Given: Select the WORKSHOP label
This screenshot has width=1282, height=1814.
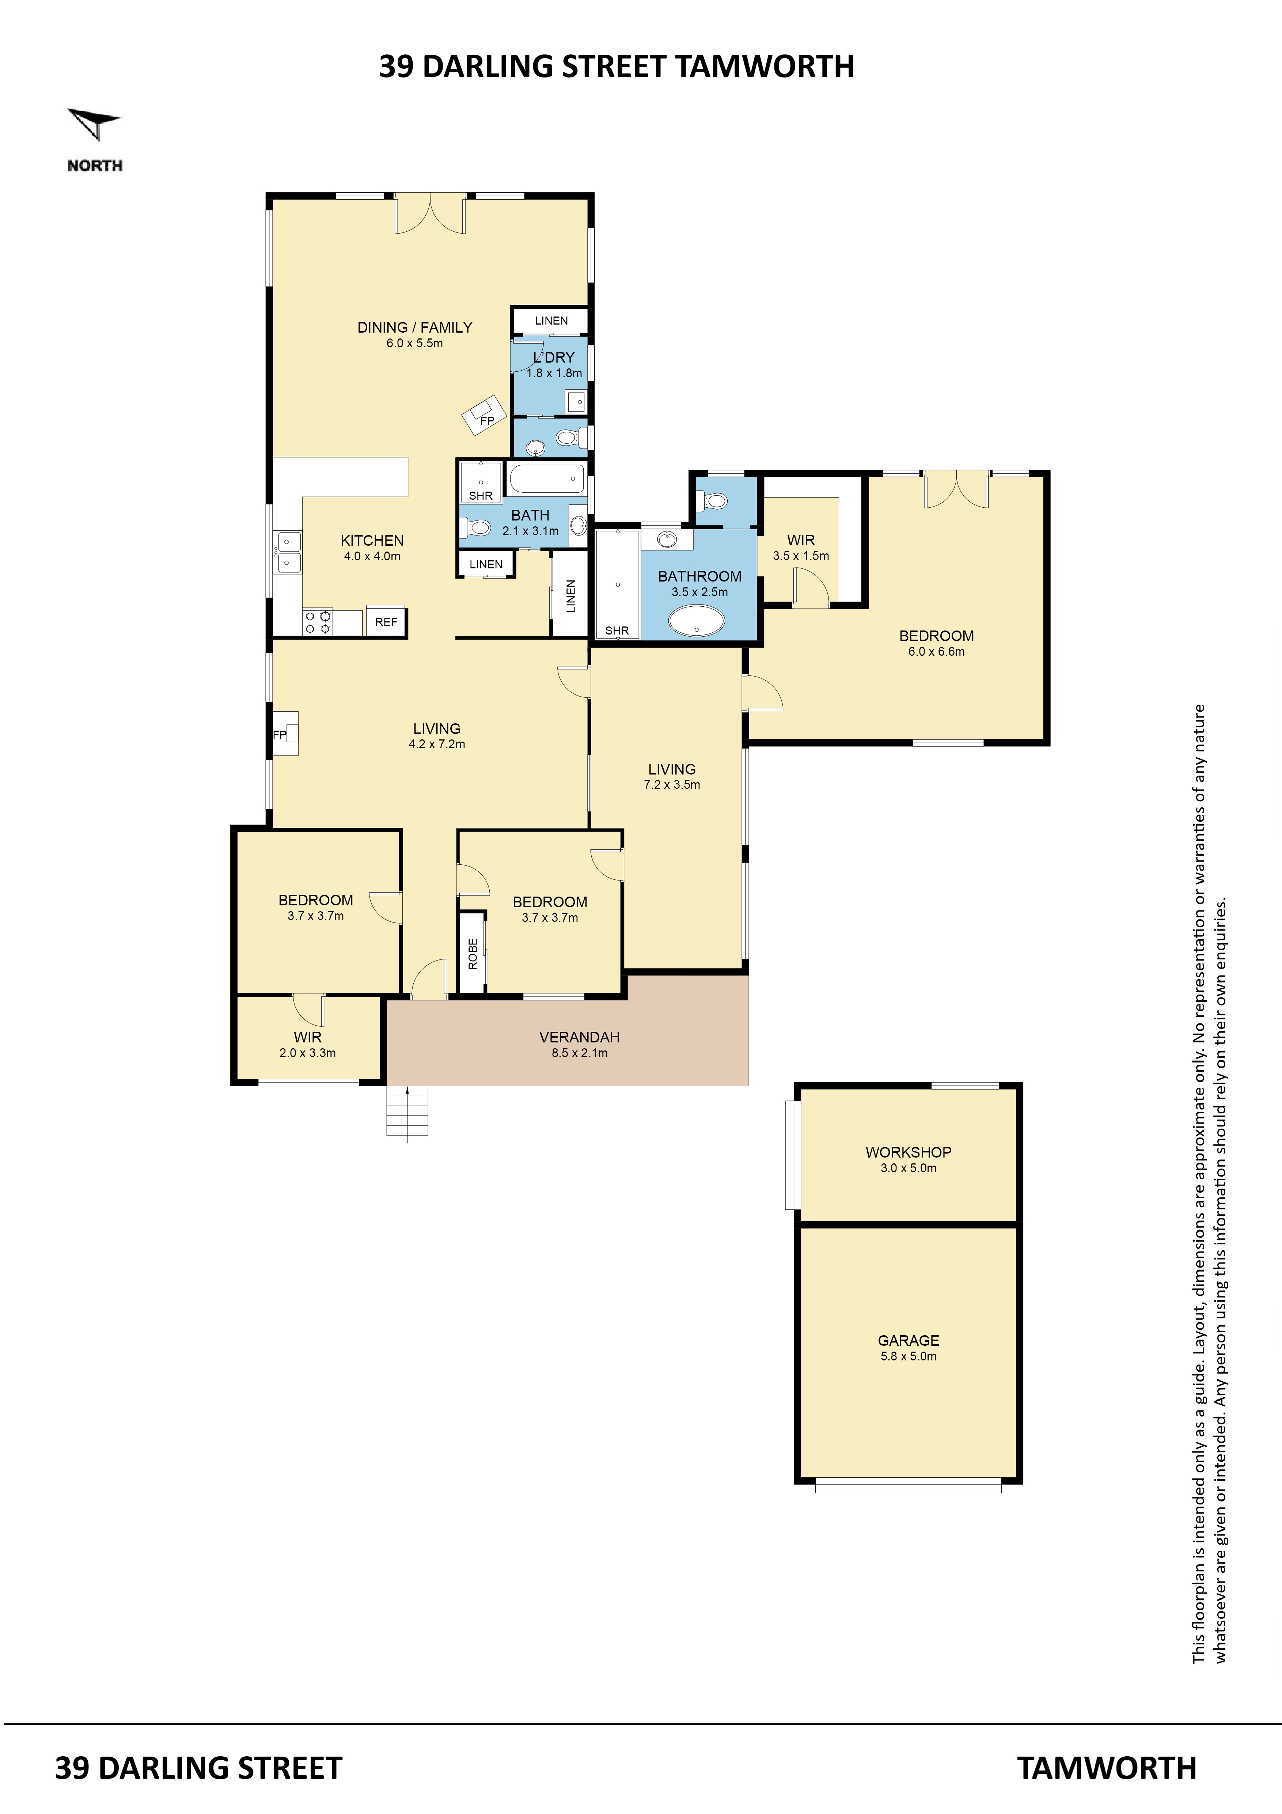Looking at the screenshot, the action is point(909,1152).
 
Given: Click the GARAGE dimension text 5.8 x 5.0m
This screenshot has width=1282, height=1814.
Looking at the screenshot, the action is point(909,1356).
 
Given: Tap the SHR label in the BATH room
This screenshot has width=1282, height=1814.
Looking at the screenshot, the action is point(480,495).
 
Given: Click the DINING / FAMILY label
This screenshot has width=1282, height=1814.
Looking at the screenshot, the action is point(415,327).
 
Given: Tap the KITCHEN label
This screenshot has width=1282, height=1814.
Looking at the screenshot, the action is point(372,541).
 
